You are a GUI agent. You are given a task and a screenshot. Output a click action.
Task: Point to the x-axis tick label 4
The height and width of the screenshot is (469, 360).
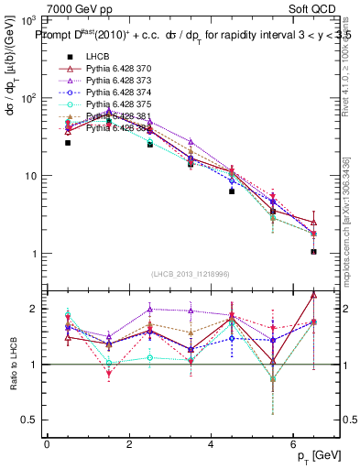coord(212,443)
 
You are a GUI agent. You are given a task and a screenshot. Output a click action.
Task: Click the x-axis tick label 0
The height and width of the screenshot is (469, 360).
coord(47,443)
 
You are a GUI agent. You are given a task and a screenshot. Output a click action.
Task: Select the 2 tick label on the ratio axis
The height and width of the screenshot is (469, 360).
coord(32,309)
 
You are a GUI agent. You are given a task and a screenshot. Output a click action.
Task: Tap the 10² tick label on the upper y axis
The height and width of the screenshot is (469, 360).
coord(27,98)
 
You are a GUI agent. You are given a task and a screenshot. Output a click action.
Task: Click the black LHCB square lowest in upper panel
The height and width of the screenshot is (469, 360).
coord(313,251)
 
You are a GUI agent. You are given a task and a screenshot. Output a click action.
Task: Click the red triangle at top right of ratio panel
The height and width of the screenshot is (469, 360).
coord(314,294)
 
